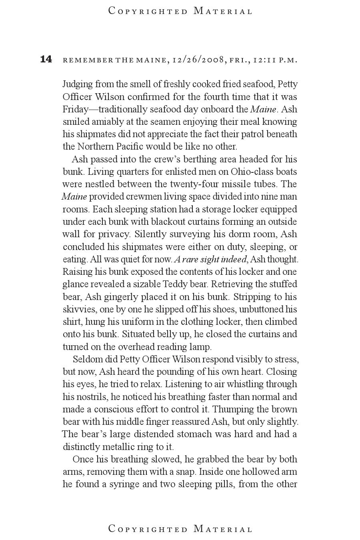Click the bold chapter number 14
(46, 59)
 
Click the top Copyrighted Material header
(180, 11)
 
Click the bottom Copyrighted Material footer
(180, 529)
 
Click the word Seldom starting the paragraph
(87, 359)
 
